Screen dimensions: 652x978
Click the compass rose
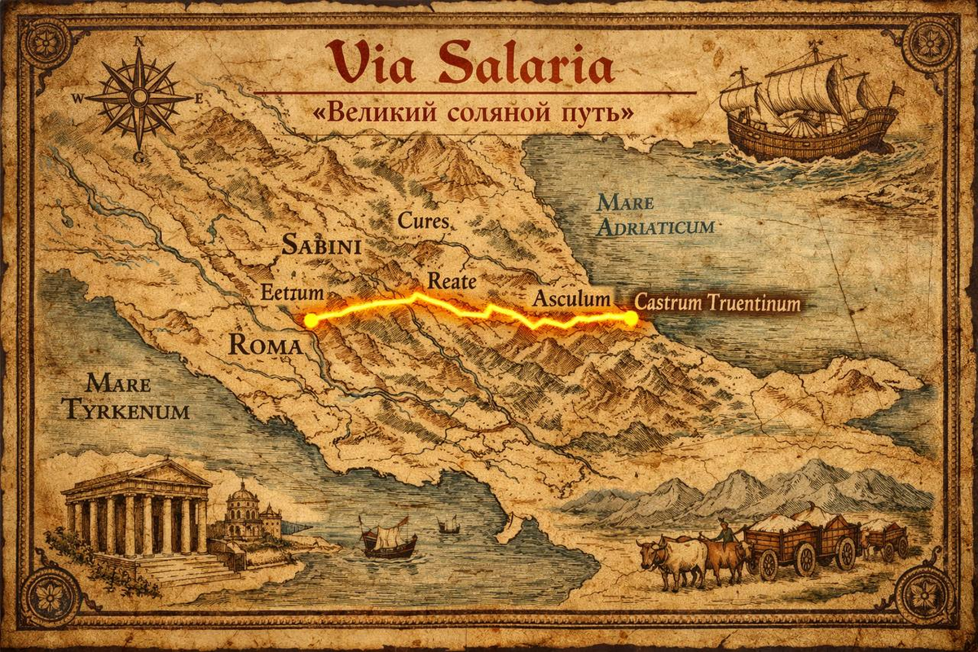click(x=139, y=96)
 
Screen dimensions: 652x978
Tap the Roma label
click(x=266, y=345)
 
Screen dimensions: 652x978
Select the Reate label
click(x=452, y=280)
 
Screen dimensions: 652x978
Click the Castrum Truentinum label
click(x=718, y=304)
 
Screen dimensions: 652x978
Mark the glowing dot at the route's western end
click(x=311, y=319)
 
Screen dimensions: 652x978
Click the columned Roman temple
click(x=139, y=513)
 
